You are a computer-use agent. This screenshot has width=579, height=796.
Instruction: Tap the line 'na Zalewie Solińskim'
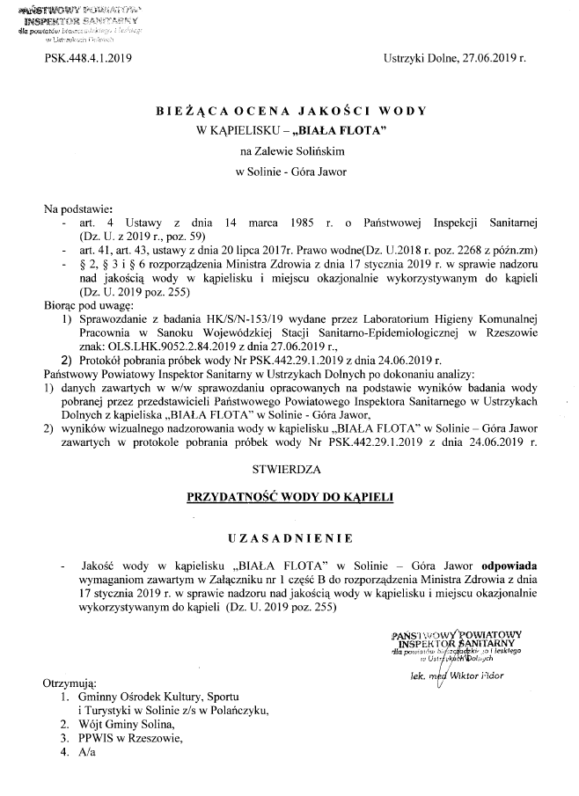pyautogui.click(x=289, y=150)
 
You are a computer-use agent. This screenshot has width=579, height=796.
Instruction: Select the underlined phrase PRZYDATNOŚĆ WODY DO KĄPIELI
pyautogui.click(x=289, y=497)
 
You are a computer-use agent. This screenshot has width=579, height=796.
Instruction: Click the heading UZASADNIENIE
pyautogui.click(x=289, y=537)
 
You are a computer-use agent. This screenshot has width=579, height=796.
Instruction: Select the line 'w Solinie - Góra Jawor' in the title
pyautogui.click(x=289, y=172)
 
